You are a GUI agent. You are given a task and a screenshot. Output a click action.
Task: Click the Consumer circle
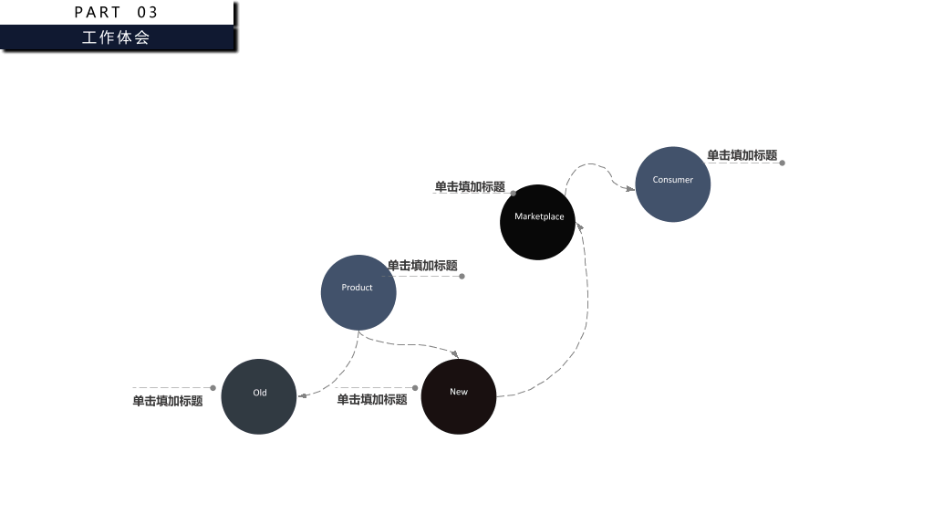pos(672,184)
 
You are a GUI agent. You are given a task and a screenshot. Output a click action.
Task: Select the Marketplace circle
pos(537,222)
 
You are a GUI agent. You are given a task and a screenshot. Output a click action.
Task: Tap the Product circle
pos(358,292)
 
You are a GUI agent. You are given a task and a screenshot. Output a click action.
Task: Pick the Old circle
pos(258,396)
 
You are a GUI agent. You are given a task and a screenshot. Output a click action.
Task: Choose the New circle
pos(459,396)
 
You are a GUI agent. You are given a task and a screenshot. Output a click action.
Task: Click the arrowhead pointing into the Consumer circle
pos(630,189)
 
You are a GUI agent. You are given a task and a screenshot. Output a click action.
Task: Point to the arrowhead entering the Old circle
pos(302,395)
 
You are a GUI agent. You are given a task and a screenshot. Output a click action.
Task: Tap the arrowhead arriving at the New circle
pos(455,354)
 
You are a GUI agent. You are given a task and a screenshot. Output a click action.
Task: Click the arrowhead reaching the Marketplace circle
pos(579,227)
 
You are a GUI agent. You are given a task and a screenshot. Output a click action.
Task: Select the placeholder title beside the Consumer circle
pos(742,155)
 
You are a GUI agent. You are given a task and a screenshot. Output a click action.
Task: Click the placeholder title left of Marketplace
pos(470,186)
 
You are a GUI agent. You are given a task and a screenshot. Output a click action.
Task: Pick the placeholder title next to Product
pos(422,266)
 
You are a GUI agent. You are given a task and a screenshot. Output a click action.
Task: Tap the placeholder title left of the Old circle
pos(168,401)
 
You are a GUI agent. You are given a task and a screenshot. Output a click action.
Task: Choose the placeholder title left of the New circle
pos(372,400)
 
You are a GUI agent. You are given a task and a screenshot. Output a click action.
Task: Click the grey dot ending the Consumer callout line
pos(782,163)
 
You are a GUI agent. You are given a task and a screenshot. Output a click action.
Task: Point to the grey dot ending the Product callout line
pos(462,276)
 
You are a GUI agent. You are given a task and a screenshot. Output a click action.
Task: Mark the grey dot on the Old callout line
pos(213,388)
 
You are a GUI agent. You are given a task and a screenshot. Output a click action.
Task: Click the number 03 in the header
pos(147,13)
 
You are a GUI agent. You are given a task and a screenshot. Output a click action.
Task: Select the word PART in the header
pos(98,13)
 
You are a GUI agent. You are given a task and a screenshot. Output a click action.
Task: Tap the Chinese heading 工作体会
pos(116,37)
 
